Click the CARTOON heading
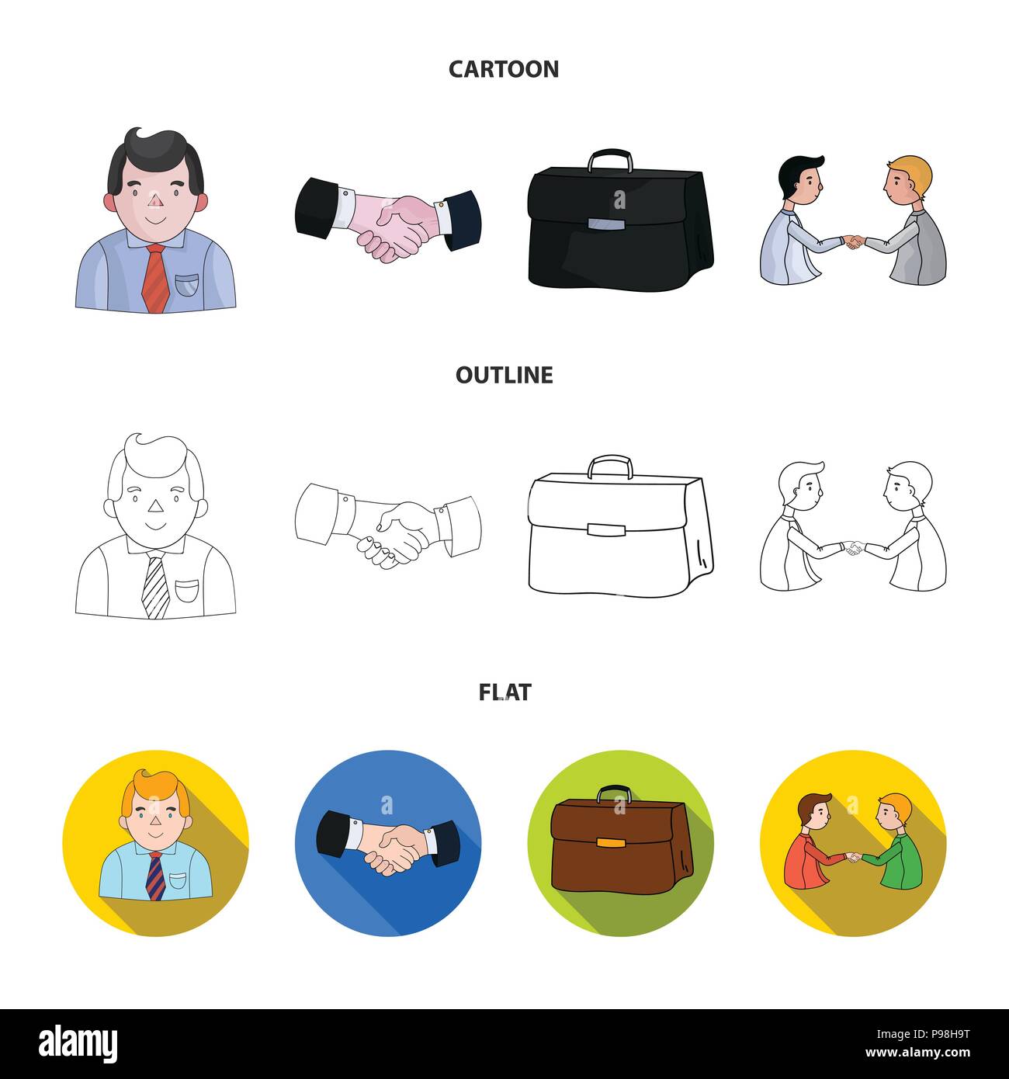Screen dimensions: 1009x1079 504,69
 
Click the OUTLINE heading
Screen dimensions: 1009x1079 504,375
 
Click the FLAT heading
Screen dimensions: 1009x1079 504,692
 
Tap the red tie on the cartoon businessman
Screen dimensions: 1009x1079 156,278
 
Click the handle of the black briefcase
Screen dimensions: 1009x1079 610,160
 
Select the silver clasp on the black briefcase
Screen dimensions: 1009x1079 606,224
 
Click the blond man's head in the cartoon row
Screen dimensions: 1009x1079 908,180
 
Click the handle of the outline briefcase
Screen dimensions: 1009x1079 610,467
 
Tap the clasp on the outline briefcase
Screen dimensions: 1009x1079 606,529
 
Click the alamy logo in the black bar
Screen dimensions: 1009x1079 78,1043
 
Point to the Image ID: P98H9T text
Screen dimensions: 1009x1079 923,1034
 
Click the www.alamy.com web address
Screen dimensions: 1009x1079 917,1053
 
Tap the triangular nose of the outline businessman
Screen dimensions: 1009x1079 156,506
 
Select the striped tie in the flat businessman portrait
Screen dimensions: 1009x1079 156,876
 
